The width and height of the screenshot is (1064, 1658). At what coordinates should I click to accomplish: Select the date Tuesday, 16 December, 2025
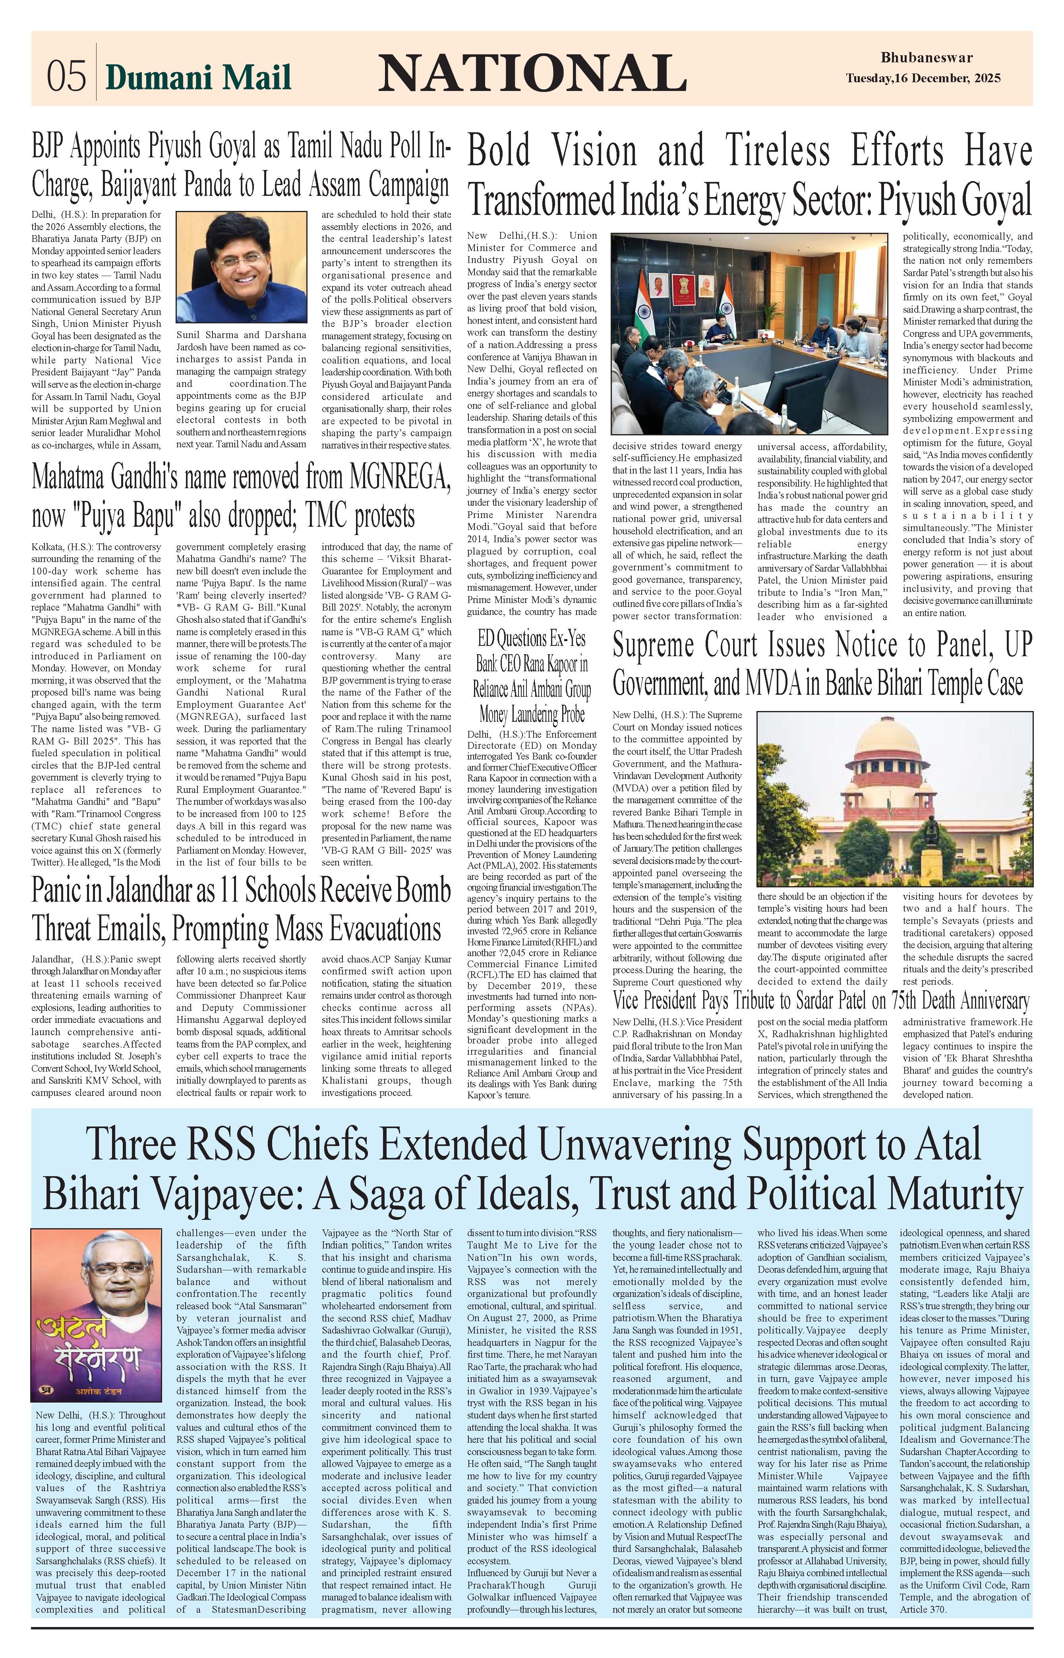click(x=923, y=79)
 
